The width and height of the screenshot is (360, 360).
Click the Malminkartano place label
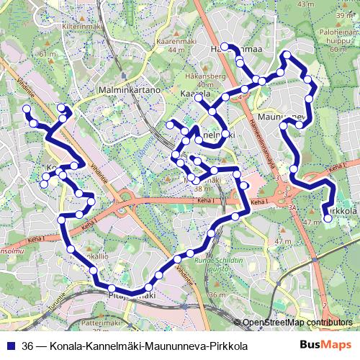click(x=127, y=91)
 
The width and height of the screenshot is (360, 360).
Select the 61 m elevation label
click(x=48, y=54)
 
